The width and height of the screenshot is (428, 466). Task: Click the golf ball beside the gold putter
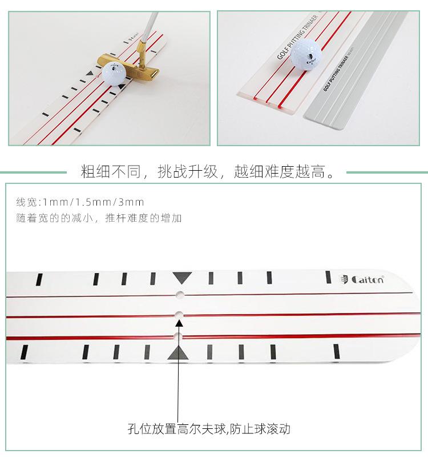114,75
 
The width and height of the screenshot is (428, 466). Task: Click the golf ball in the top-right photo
306,54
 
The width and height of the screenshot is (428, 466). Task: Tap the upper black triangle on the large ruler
181,278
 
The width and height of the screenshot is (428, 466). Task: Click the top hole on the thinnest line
180,295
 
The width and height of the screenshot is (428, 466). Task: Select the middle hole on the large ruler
179,315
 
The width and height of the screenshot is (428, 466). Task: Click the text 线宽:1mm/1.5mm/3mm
80,202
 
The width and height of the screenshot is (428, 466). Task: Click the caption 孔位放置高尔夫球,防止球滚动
209,428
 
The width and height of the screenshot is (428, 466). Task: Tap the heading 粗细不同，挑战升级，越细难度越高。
208,171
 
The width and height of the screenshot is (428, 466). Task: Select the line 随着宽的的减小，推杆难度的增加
99,218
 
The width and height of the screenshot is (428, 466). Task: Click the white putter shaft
148,26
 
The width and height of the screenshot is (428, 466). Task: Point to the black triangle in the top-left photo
88,74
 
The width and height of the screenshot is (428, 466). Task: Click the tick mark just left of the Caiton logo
328,277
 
